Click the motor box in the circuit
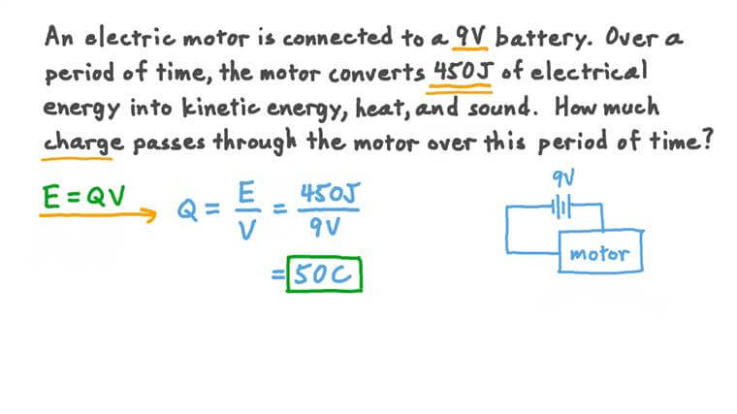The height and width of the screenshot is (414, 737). pos(598,255)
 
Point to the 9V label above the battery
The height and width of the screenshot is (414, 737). pos(563,178)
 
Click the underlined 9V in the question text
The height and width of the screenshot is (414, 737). pos(472,39)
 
